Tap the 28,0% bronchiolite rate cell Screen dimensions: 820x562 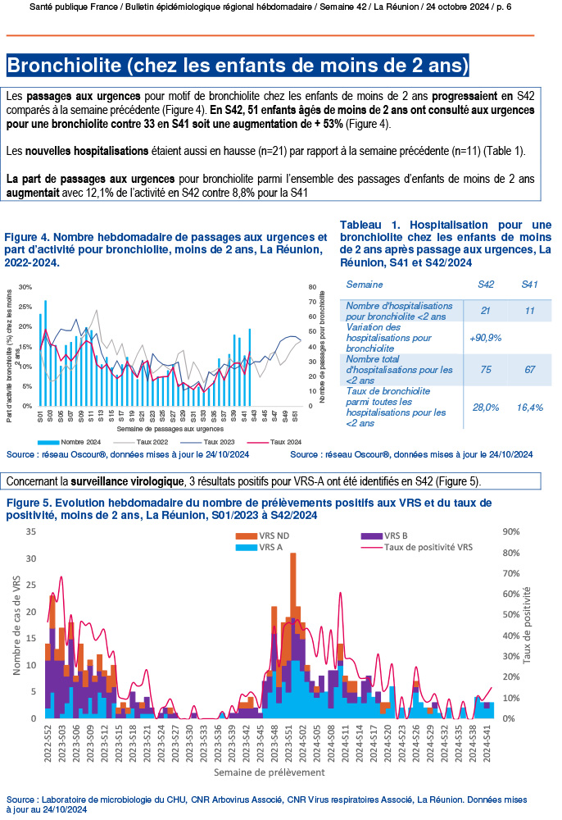point(486,407)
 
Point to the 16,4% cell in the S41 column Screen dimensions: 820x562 point(531,407)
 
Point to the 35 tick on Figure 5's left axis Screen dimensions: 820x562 point(31,531)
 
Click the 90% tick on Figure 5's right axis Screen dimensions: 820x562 point(510,531)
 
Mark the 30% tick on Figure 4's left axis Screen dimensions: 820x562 point(25,287)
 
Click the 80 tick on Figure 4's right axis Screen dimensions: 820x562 point(312,287)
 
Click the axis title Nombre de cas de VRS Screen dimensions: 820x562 point(17,625)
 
